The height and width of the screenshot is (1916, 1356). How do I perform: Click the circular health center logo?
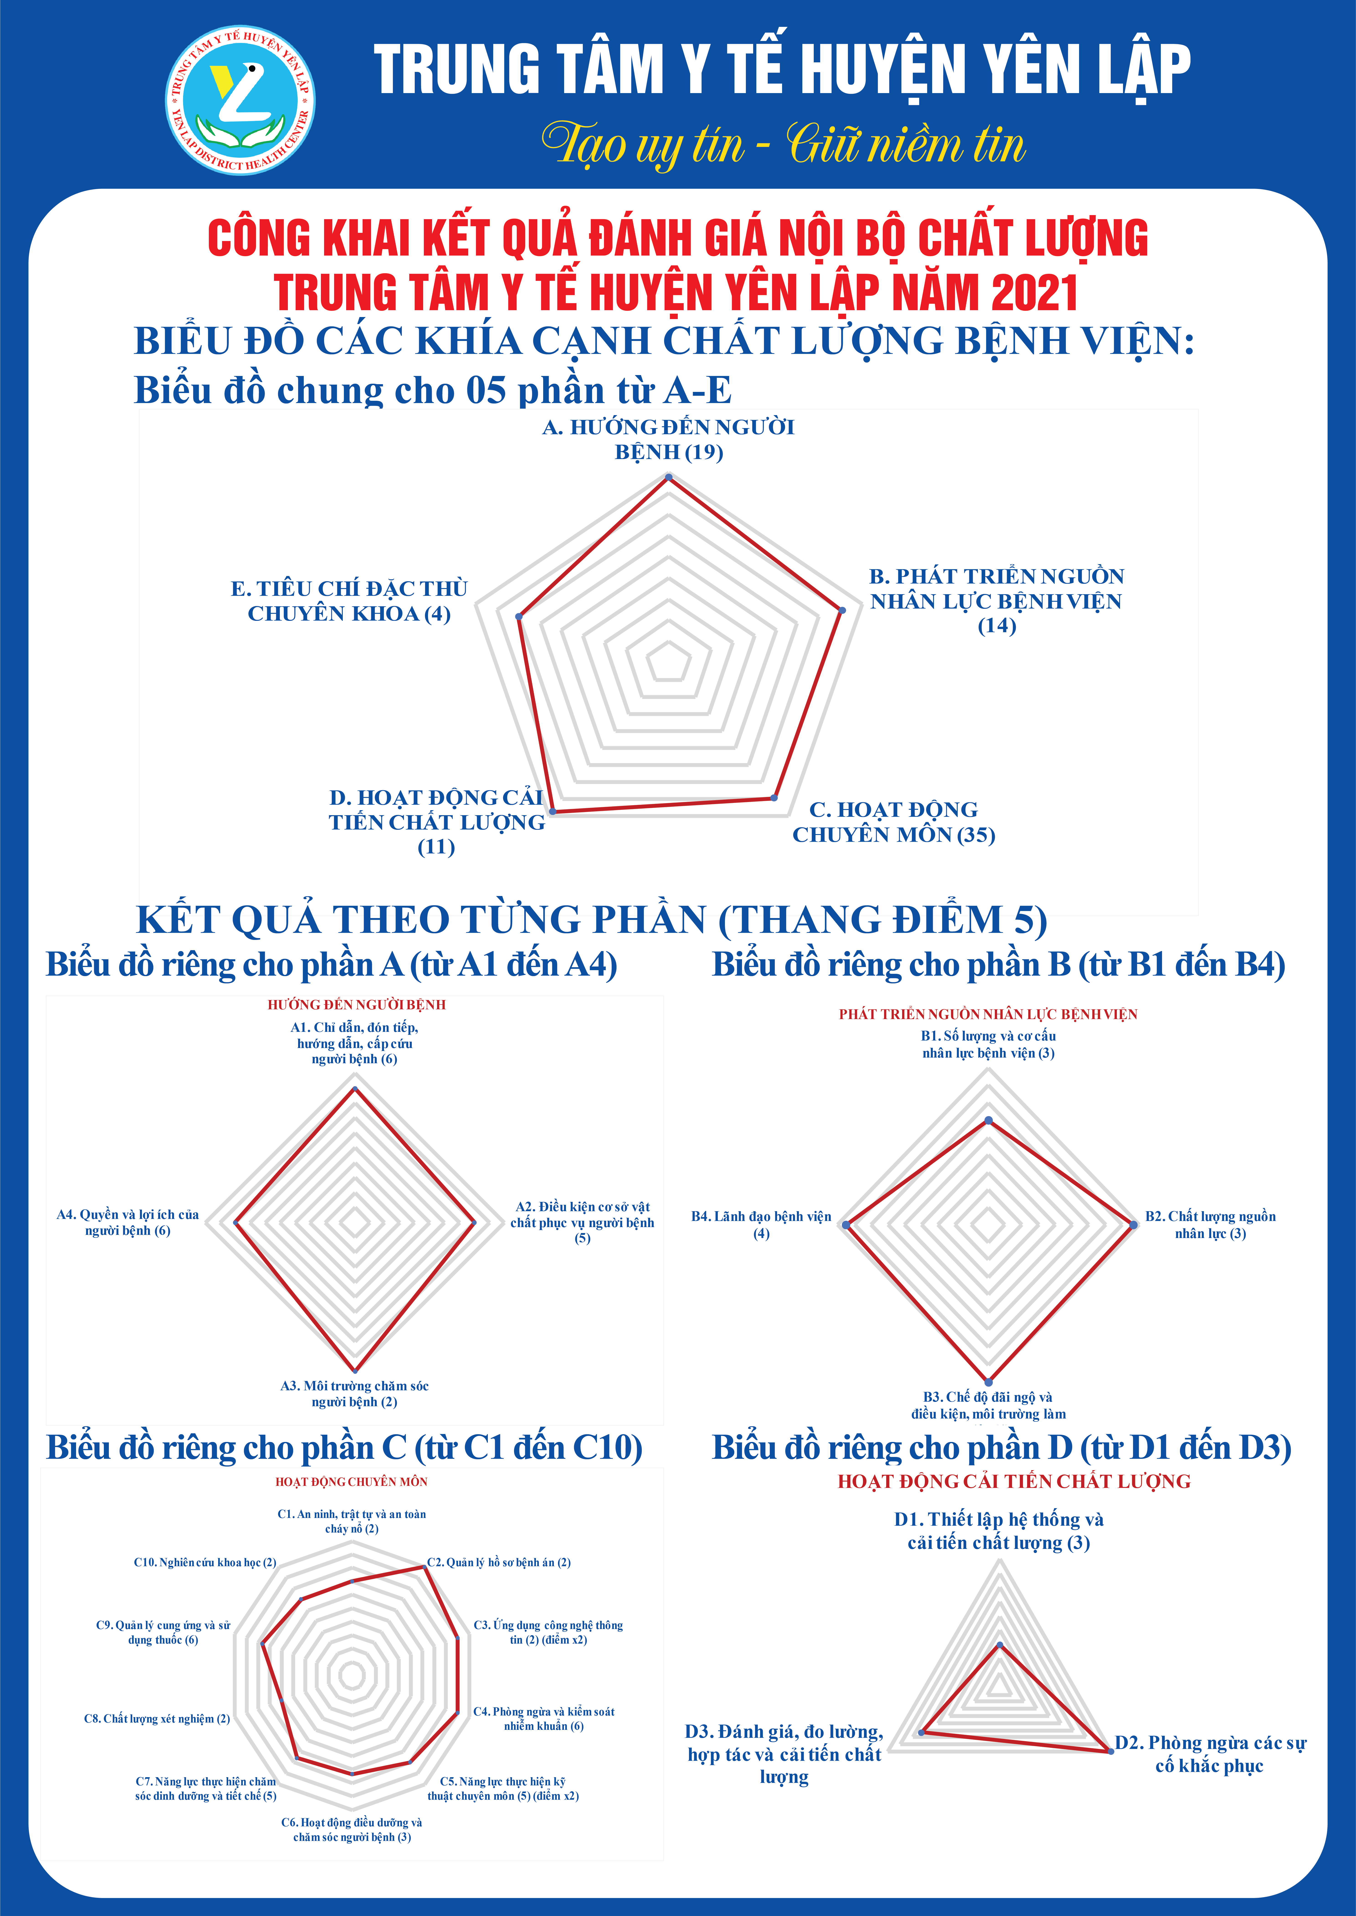pyautogui.click(x=240, y=100)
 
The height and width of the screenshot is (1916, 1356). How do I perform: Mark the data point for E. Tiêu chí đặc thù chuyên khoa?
pyautogui.click(x=519, y=617)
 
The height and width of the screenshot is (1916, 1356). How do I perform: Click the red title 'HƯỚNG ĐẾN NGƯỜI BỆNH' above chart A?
pyautogui.click(x=356, y=1005)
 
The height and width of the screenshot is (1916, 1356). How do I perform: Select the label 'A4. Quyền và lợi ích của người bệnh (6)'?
pyautogui.click(x=128, y=1223)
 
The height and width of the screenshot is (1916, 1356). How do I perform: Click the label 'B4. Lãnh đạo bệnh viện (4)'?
pyautogui.click(x=762, y=1224)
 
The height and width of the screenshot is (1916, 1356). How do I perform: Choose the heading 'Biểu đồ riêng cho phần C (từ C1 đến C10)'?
pyautogui.click(x=344, y=1448)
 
